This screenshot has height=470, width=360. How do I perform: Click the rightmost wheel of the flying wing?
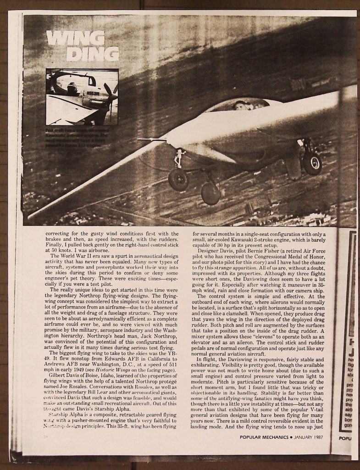(x=312, y=163)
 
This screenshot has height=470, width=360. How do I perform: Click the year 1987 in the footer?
(x=316, y=436)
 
